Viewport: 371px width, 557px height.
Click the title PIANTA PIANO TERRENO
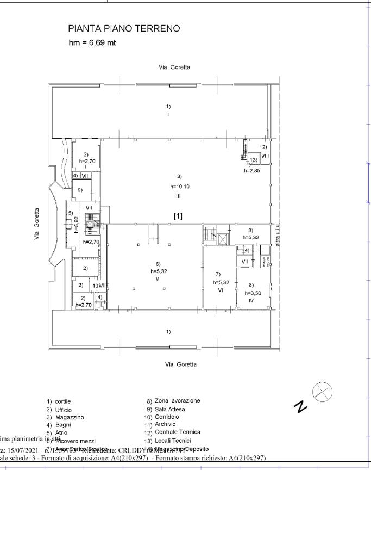[124, 28]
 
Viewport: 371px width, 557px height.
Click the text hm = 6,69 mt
[92, 43]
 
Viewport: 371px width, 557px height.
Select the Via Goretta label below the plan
[181, 364]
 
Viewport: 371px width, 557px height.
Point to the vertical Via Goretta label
[37, 224]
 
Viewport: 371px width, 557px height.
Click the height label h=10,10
[179, 186]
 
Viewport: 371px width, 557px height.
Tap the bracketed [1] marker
[178, 216]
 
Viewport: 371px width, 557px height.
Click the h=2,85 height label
[253, 170]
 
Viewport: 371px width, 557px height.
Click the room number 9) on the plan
[80, 190]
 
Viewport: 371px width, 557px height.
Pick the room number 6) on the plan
[158, 264]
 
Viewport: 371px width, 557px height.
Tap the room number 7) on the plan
[217, 274]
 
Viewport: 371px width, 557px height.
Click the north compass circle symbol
[322, 391]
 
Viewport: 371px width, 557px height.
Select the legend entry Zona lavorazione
[173, 401]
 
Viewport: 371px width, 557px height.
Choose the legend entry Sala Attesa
[169, 409]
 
